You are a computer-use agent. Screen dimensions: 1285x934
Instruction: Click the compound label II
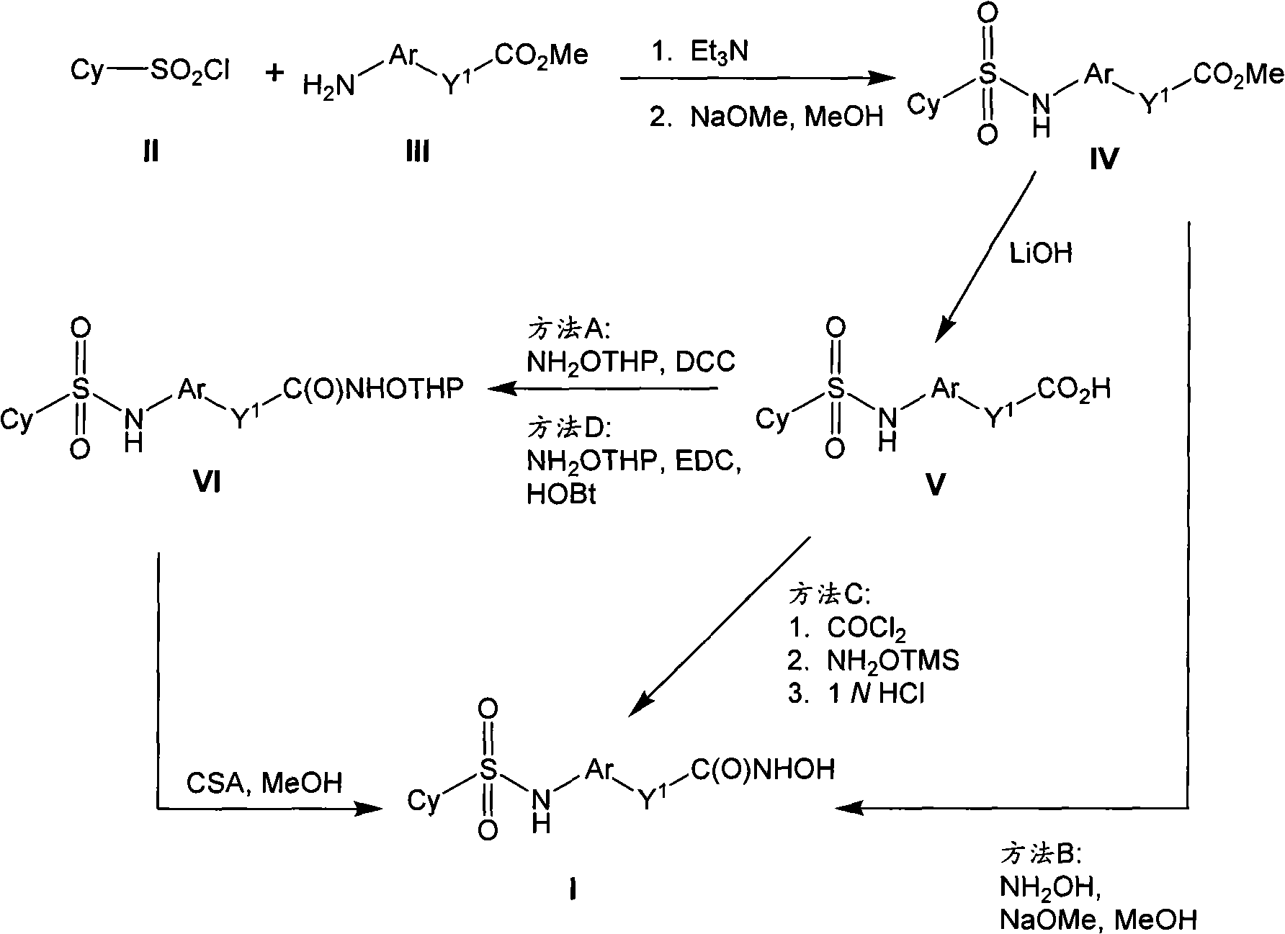(x=151, y=152)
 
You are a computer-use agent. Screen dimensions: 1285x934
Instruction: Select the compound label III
(x=417, y=152)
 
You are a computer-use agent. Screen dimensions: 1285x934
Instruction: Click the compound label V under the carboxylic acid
(x=934, y=485)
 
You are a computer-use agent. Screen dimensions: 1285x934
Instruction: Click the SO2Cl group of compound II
(x=189, y=73)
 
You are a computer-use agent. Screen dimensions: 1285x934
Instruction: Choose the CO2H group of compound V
(x=1074, y=390)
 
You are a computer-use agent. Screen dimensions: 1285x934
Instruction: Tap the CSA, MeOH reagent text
(x=264, y=783)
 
